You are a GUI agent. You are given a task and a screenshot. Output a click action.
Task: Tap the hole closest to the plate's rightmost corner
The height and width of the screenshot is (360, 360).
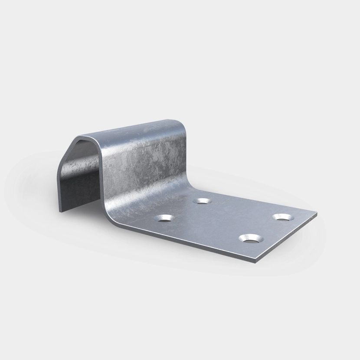click(282, 216)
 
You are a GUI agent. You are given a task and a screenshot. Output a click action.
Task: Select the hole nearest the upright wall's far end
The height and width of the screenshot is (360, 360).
click(202, 201)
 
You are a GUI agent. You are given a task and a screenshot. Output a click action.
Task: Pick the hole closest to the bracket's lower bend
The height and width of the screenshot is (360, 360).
click(165, 218)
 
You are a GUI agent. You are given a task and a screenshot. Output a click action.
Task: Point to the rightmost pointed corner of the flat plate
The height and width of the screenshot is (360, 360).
click(317, 214)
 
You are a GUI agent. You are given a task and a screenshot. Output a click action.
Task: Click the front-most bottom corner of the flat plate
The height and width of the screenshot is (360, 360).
click(255, 262)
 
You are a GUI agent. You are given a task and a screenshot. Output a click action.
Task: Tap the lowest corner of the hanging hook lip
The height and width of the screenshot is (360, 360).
click(60, 212)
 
